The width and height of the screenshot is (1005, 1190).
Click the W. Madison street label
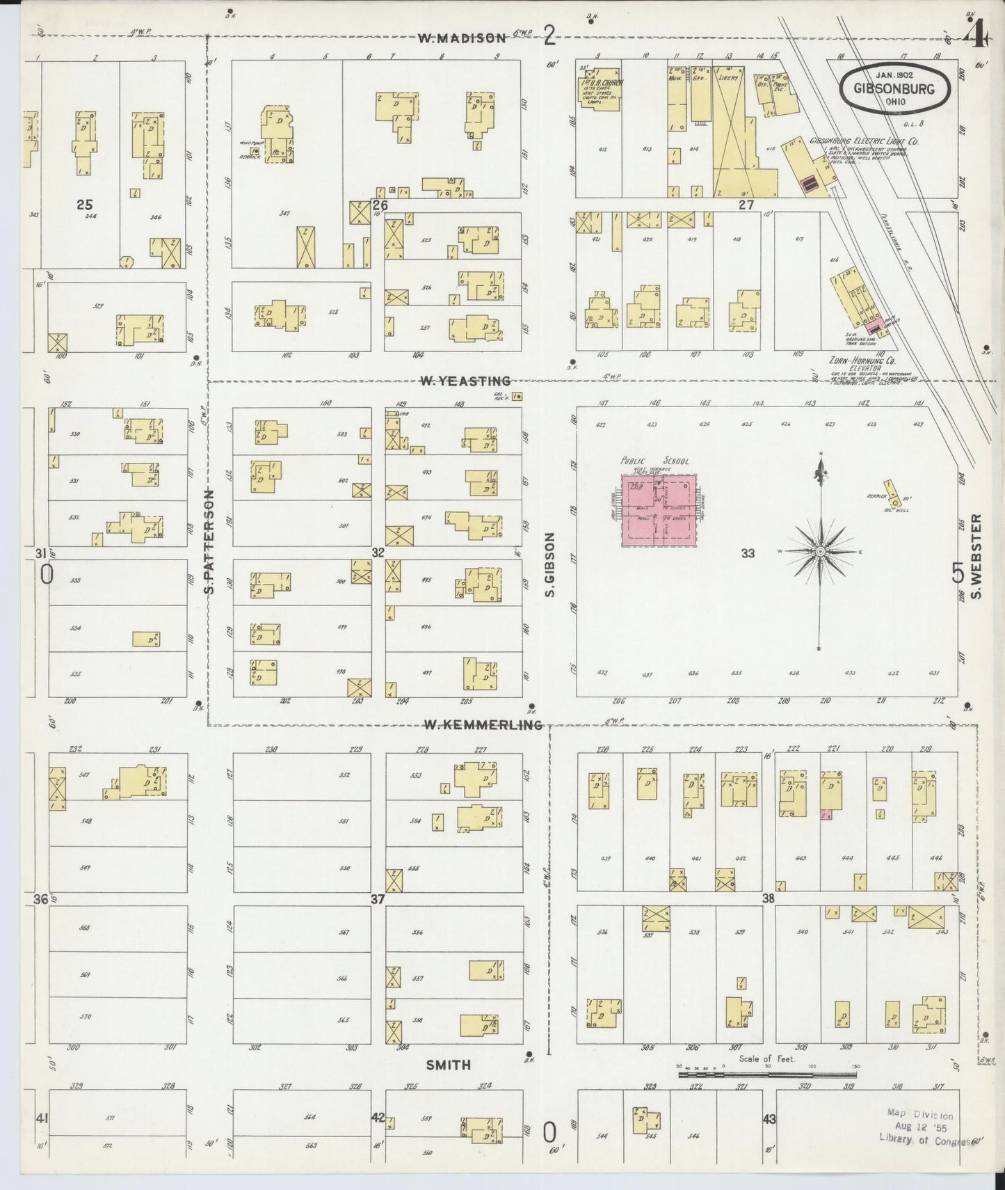(x=461, y=39)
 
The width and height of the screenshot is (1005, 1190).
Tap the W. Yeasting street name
(x=465, y=381)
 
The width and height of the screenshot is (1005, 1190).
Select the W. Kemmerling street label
(x=483, y=725)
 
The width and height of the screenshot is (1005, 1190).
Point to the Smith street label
(x=449, y=1064)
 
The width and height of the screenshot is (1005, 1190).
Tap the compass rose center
(x=821, y=551)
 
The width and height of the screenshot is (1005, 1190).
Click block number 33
(x=748, y=554)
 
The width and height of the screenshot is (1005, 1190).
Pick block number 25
(x=85, y=205)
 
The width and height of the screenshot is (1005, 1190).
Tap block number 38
(x=768, y=898)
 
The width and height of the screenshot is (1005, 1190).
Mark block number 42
(x=377, y=1118)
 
